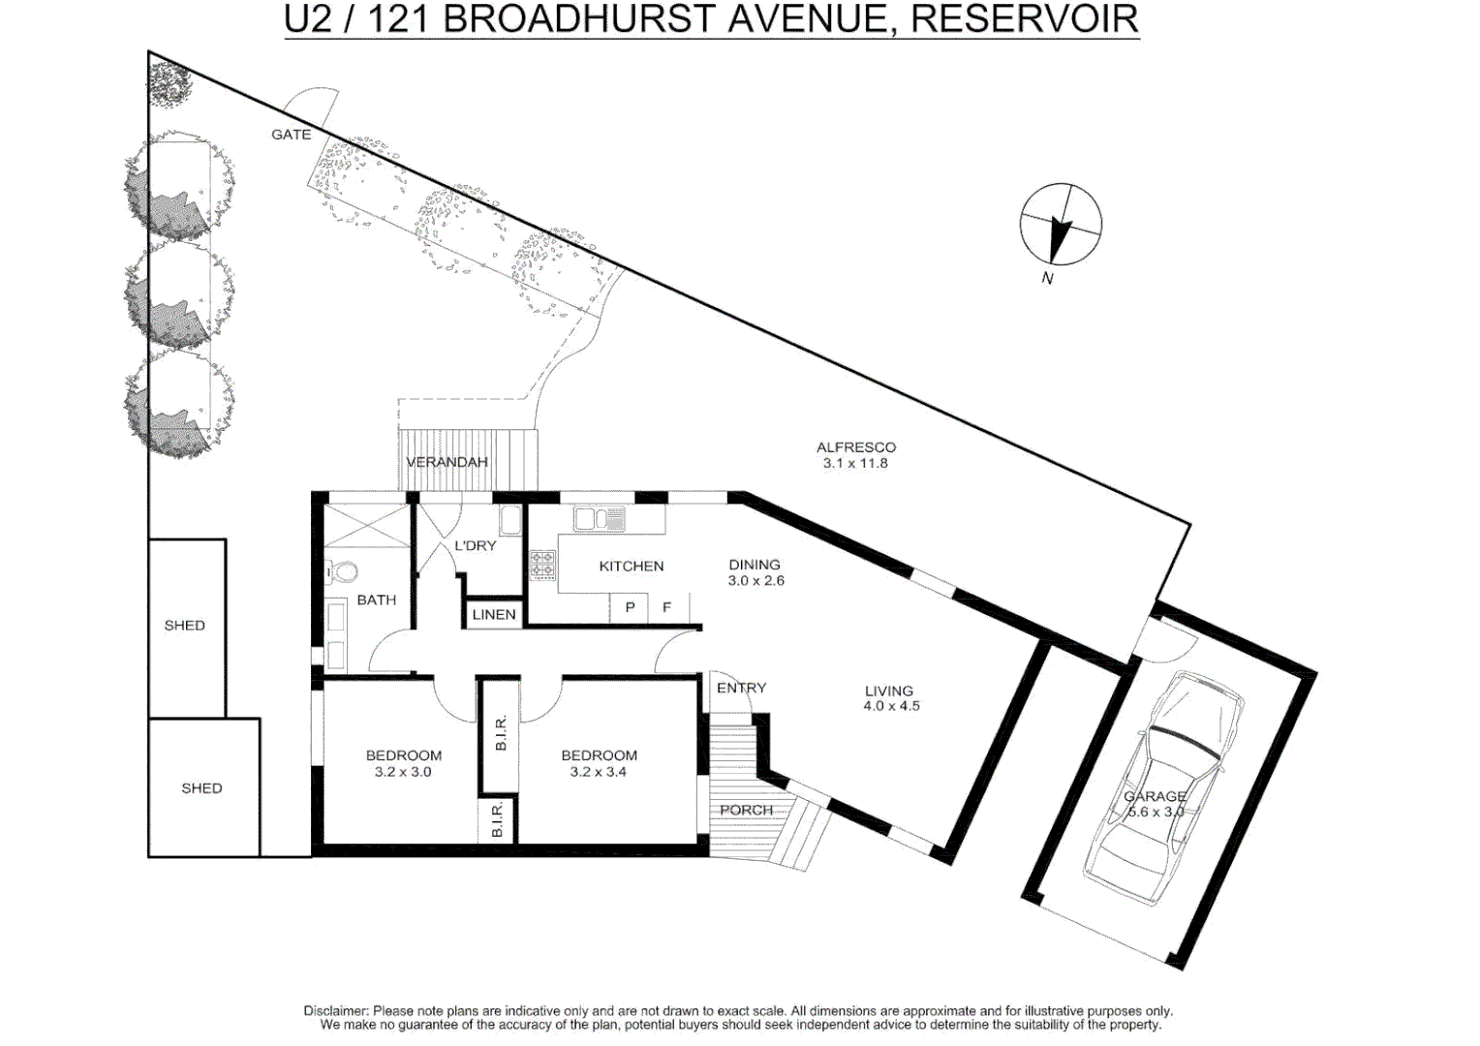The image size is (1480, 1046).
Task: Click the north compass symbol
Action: pyautogui.click(x=1061, y=224)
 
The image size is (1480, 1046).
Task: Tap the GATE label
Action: pyautogui.click(x=291, y=135)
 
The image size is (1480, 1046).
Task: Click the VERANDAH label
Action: pyautogui.click(x=447, y=462)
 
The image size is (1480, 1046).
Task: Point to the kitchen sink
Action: pyautogui.click(x=600, y=520)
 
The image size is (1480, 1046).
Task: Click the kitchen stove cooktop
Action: pyautogui.click(x=542, y=566)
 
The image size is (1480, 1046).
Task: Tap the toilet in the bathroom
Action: pyautogui.click(x=342, y=572)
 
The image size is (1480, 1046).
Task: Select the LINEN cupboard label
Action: pyautogui.click(x=494, y=614)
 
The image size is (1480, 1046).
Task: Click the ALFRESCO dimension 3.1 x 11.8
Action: pyautogui.click(x=855, y=463)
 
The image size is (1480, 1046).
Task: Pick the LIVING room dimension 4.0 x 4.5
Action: pyautogui.click(x=891, y=706)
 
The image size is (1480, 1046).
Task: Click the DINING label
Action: pyautogui.click(x=755, y=565)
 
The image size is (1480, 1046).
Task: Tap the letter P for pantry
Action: pyautogui.click(x=630, y=607)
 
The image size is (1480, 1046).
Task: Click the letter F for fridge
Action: pyautogui.click(x=666, y=607)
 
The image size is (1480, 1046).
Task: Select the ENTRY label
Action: pyautogui.click(x=741, y=688)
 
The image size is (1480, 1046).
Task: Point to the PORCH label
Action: pyautogui.click(x=746, y=810)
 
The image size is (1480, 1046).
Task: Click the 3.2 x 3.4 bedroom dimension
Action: pyautogui.click(x=598, y=772)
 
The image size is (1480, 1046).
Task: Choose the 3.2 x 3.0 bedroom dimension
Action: pyautogui.click(x=403, y=772)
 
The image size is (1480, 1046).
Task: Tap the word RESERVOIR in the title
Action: pyautogui.click(x=1025, y=19)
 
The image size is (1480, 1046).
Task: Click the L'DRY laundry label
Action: pyautogui.click(x=475, y=545)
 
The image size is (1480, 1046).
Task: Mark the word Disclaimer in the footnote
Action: pyautogui.click(x=336, y=1011)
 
